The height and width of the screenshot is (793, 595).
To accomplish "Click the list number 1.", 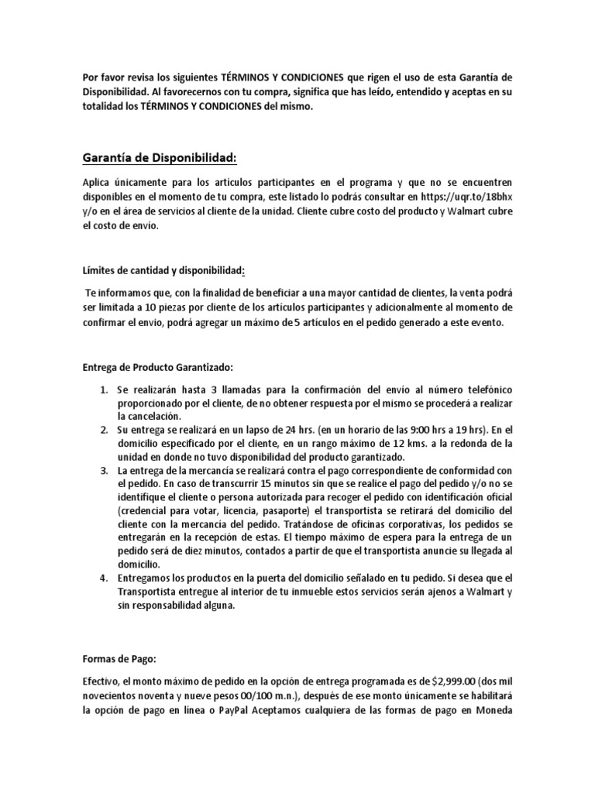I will tap(102, 386).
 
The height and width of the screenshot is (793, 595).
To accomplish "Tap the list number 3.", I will tap(102, 471).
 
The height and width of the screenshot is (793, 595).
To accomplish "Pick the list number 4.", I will tap(102, 578).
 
